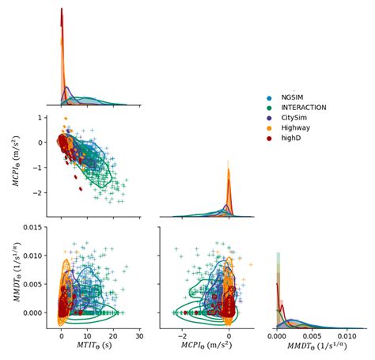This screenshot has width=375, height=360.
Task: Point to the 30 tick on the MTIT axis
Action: (139, 336)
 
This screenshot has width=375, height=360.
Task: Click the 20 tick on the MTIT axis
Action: (113, 336)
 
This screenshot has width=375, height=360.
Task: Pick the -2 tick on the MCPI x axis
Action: (182, 336)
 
